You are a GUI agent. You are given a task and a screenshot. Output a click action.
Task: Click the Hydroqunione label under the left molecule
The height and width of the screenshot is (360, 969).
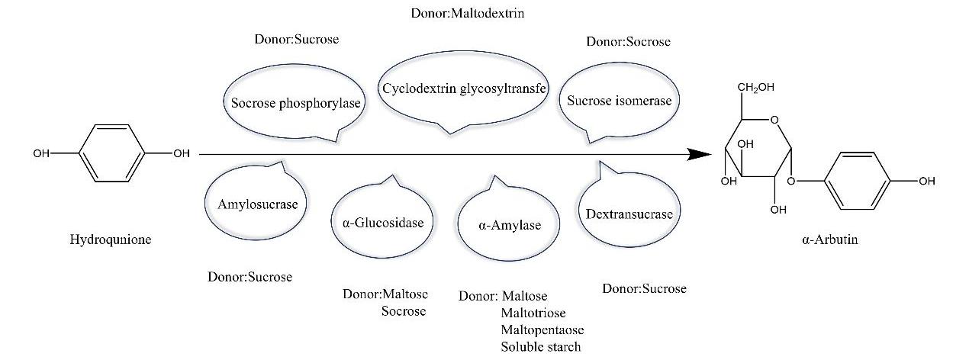[111, 239]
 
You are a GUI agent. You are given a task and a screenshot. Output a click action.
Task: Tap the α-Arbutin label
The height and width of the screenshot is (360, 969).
[829, 239]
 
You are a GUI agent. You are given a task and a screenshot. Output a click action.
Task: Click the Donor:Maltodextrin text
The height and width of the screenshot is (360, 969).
[468, 13]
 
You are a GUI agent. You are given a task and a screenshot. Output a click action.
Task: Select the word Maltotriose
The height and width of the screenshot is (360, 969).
[533, 313]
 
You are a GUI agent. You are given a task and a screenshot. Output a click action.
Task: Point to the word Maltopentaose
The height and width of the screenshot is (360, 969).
[542, 330]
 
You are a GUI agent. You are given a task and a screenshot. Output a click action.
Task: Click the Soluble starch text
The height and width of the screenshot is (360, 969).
[541, 347]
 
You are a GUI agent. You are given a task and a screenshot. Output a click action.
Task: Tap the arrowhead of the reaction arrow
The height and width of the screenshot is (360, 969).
[700, 154]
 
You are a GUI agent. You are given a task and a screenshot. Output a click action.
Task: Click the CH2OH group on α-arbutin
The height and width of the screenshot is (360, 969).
[755, 87]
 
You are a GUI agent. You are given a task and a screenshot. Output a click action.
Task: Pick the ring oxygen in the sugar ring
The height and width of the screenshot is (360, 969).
[774, 120]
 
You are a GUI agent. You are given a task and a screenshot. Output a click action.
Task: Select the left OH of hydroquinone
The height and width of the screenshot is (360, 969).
[41, 153]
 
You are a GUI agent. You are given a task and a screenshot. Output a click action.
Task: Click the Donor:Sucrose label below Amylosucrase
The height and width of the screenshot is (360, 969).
[249, 277]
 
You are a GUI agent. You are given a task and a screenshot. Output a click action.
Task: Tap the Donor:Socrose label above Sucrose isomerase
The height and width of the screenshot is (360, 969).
[628, 41]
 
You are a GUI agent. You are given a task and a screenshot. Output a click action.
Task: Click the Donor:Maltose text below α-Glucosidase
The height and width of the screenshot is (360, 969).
[385, 294]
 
